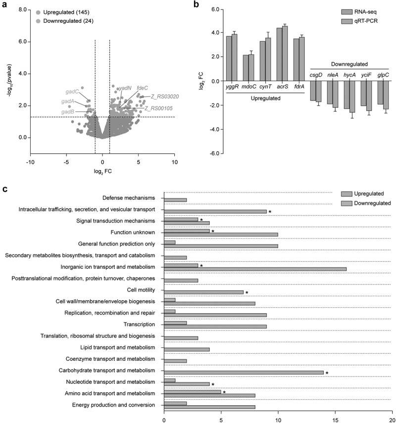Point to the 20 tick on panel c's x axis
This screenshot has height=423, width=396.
pyautogui.click(x=392, y=417)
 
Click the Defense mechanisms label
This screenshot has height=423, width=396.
pyautogui.click(x=131, y=198)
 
